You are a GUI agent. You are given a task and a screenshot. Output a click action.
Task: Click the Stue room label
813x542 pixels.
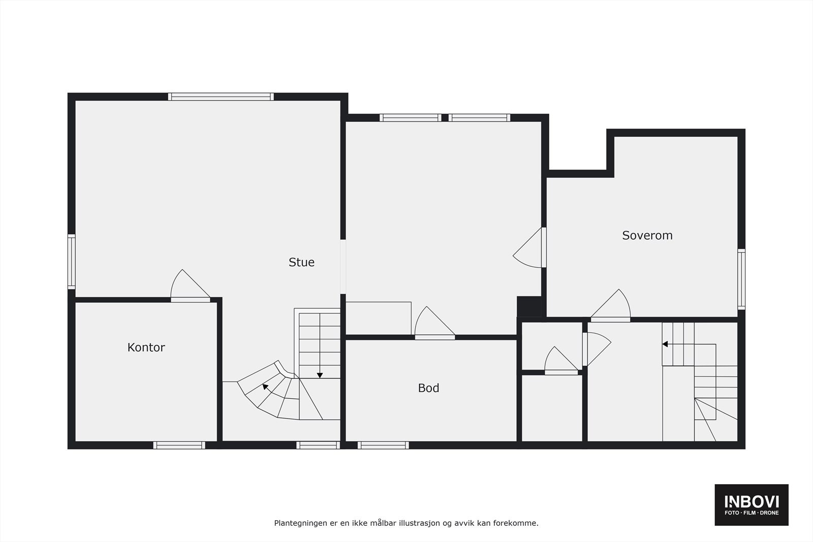(x=301, y=262)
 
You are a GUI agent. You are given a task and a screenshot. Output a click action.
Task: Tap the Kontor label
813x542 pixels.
(x=146, y=347)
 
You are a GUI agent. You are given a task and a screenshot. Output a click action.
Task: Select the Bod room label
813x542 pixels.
(x=428, y=388)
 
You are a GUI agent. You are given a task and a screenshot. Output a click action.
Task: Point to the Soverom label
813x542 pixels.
(x=647, y=235)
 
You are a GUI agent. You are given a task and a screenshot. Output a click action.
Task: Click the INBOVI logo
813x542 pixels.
(x=752, y=504)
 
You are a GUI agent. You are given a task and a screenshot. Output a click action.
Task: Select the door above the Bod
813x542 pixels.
(x=433, y=324)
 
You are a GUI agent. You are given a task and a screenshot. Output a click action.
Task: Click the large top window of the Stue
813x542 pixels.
(x=221, y=97)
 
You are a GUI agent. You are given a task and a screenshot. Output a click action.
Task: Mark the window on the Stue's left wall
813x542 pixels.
(x=72, y=262)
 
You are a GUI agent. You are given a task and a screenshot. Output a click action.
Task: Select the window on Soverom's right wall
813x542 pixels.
(x=741, y=279)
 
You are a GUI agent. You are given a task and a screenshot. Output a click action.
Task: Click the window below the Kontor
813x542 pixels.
(x=179, y=445)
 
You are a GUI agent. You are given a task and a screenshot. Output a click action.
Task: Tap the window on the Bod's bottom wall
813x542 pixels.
(x=383, y=445)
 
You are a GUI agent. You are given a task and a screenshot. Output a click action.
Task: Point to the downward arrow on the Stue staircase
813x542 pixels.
(x=320, y=375)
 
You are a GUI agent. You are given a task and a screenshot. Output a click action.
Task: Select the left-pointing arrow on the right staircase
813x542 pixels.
(x=665, y=344)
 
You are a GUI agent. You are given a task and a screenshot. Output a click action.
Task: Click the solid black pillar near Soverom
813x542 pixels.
(x=530, y=306)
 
